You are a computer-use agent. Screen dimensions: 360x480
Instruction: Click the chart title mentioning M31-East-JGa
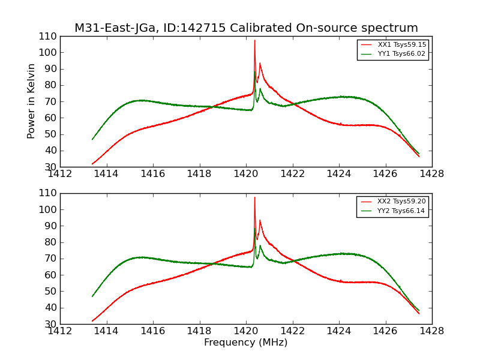point(246,28)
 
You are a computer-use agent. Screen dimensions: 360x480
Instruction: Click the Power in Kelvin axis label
point(32,101)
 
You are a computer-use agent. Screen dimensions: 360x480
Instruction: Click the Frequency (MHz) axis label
point(246,343)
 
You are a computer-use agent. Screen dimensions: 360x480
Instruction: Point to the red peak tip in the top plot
point(254,41)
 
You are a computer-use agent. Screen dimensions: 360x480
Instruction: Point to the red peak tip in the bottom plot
point(254,197)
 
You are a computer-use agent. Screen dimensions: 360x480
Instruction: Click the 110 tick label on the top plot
point(49,36)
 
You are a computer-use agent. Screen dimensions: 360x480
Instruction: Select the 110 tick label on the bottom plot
point(49,193)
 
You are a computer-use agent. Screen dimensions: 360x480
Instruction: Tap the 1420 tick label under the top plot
point(246,175)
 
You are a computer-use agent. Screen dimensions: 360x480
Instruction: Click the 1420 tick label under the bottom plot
point(246,332)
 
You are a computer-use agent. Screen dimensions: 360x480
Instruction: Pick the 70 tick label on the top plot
point(51,101)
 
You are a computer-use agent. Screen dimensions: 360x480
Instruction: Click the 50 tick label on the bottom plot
point(51,291)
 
